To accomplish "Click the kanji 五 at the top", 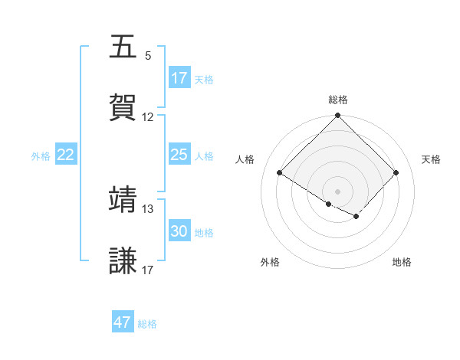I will pyautogui.click(x=123, y=47).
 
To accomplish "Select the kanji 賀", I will pyautogui.click(x=123, y=106).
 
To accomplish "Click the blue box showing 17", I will pyautogui.click(x=179, y=78).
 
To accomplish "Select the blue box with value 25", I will pyautogui.click(x=179, y=155).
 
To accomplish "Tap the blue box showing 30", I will pyautogui.click(x=179, y=231).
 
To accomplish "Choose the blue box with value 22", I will pyautogui.click(x=66, y=155).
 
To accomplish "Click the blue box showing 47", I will pyautogui.click(x=123, y=322).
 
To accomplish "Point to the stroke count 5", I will pyautogui.click(x=148, y=56).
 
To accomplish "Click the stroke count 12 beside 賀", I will pyautogui.click(x=148, y=117).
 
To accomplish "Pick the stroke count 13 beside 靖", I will pyautogui.click(x=148, y=208).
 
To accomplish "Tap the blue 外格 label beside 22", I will pyautogui.click(x=41, y=155).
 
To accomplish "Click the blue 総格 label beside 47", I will pyautogui.click(x=147, y=324).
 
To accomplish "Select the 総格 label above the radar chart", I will pyautogui.click(x=338, y=100).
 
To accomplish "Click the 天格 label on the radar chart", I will pyautogui.click(x=432, y=159).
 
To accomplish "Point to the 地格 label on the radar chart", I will pyautogui.click(x=402, y=262).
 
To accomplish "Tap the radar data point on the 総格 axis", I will pyautogui.click(x=338, y=116).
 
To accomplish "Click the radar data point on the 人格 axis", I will pyautogui.click(x=280, y=173).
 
